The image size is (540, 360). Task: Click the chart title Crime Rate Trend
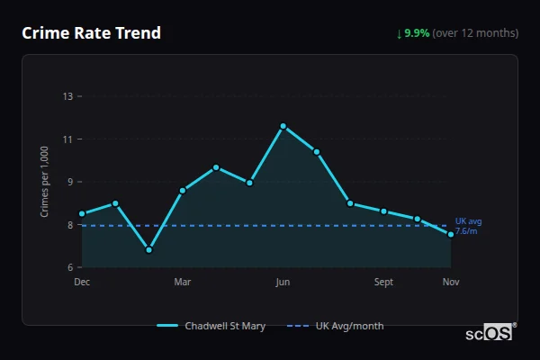point(91,33)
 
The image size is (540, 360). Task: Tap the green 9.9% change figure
point(418,33)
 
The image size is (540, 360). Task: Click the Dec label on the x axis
point(82,283)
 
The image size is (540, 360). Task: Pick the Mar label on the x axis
point(183,283)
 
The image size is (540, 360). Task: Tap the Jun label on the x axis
point(283,283)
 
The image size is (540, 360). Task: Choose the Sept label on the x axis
point(383,283)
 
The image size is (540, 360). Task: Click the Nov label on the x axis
point(451,283)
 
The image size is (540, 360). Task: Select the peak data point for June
point(283,126)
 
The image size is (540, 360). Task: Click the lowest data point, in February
point(148,249)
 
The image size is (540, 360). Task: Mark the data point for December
point(82,214)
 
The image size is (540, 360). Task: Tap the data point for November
point(451,234)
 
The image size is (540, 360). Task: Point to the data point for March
point(183,190)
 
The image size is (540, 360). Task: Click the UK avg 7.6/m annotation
point(468,226)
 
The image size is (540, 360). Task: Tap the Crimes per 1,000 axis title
point(45,182)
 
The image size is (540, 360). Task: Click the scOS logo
point(489,333)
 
